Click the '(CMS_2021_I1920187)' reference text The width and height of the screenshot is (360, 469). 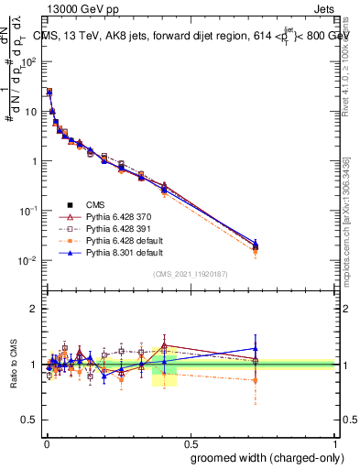click(x=190, y=273)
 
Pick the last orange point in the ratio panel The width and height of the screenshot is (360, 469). click(x=256, y=379)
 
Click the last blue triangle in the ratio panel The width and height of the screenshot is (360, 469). click(x=256, y=348)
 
